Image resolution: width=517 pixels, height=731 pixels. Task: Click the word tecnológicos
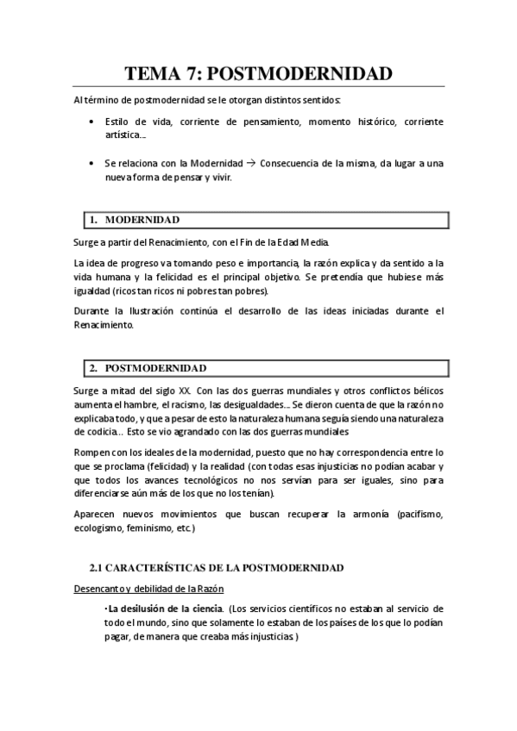(211, 480)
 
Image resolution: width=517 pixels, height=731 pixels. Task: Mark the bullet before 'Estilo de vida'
(92, 122)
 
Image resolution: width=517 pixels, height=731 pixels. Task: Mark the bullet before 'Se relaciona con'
(92, 163)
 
